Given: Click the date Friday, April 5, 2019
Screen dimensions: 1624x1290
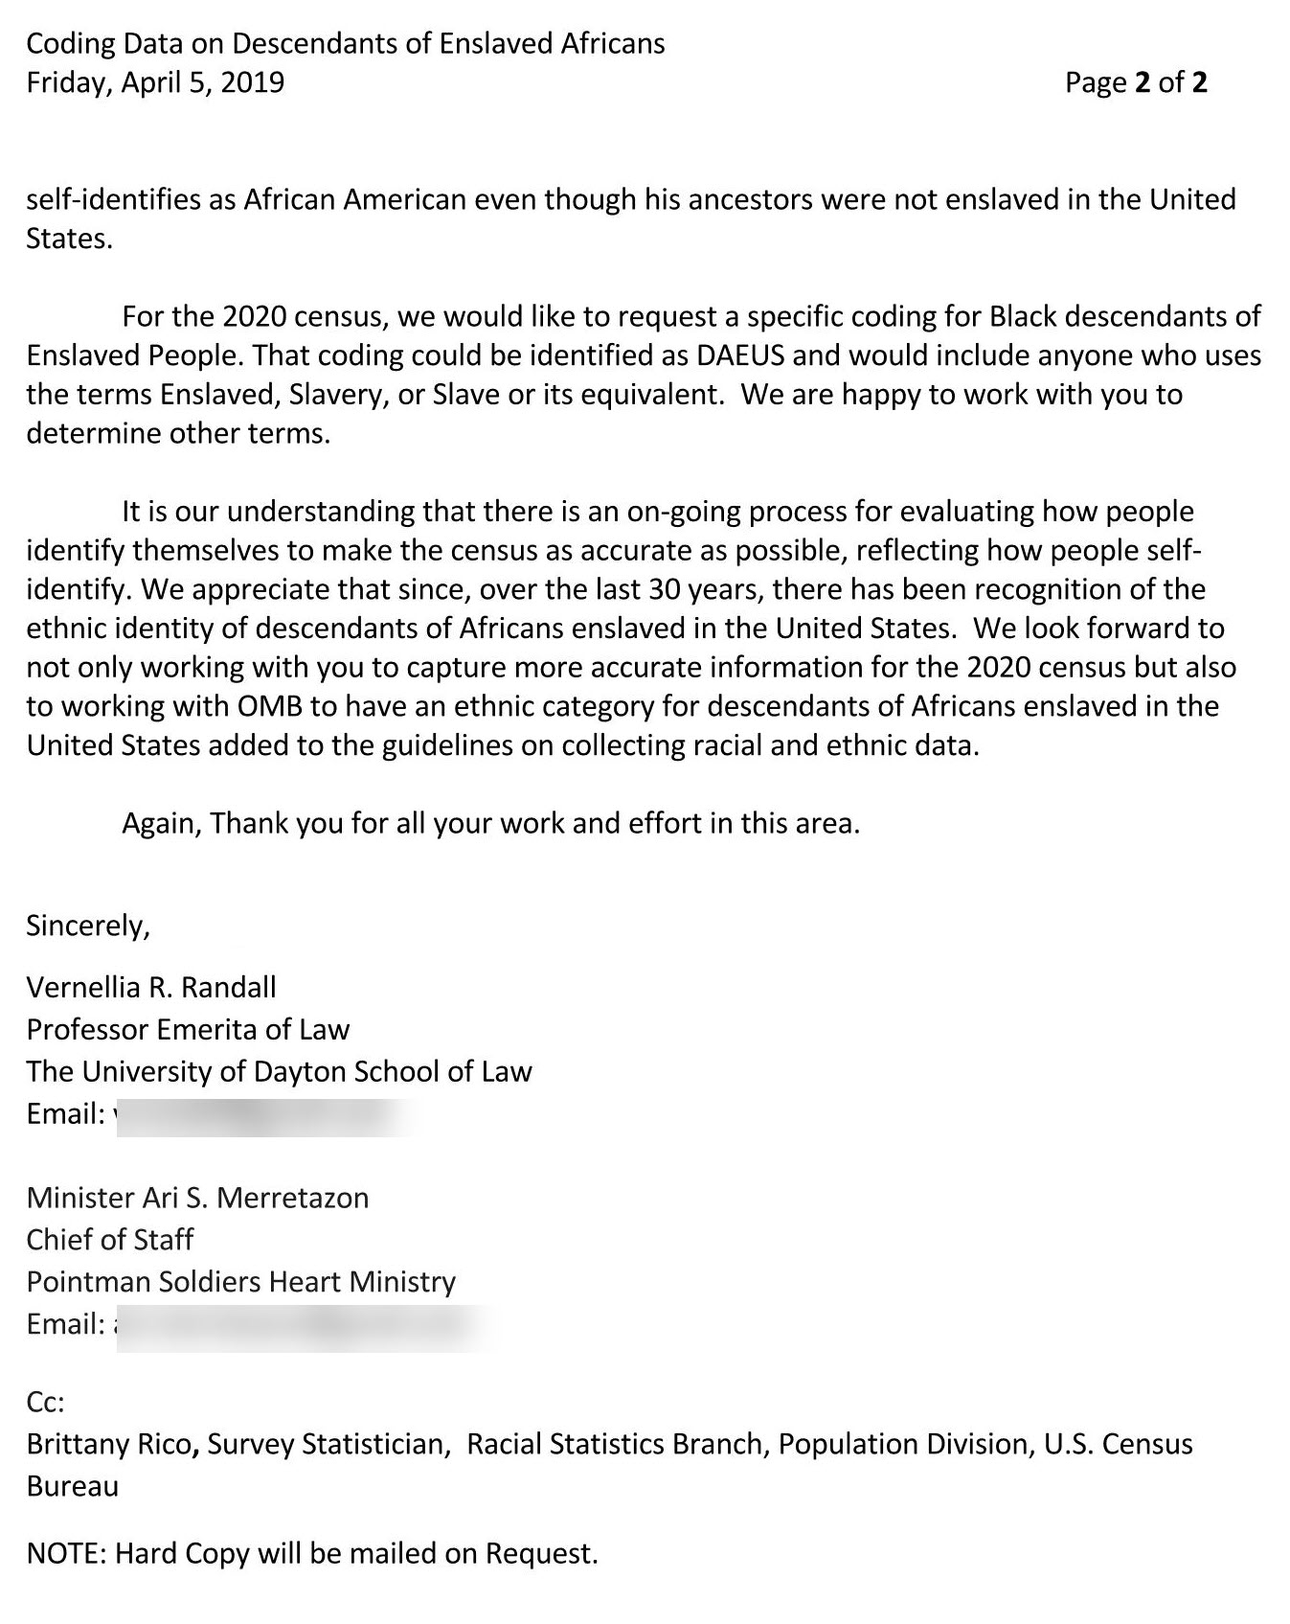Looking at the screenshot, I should (155, 82).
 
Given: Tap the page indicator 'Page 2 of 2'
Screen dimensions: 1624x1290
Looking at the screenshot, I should (1135, 82).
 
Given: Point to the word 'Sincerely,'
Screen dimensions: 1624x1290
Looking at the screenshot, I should (88, 926).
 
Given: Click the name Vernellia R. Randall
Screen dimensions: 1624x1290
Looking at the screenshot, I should (151, 987).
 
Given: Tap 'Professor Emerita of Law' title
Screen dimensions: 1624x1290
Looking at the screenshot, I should (188, 1029).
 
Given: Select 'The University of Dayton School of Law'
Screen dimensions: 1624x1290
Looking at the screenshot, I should (279, 1071).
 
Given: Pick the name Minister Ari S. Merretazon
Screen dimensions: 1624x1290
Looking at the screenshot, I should (197, 1198).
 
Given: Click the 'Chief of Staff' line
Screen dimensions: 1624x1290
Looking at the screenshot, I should (109, 1240).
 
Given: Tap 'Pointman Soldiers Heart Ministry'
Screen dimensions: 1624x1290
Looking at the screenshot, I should (240, 1282).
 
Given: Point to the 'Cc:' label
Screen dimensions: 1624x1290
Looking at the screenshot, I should (45, 1403).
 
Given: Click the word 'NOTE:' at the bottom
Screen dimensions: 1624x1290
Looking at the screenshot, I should (66, 1553).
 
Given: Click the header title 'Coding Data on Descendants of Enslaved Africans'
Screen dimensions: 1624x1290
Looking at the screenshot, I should (345, 43).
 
